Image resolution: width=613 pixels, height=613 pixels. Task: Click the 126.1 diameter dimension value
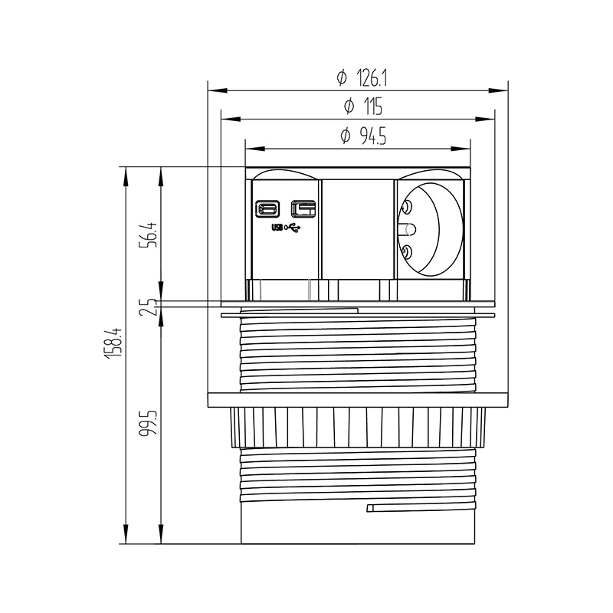372,79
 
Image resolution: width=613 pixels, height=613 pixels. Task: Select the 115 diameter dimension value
373,107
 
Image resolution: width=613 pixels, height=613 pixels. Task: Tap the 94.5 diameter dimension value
373,136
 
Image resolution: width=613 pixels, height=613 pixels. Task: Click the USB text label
277,228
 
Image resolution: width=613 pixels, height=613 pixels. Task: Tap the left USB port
267,208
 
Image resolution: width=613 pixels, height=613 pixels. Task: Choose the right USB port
303,208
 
